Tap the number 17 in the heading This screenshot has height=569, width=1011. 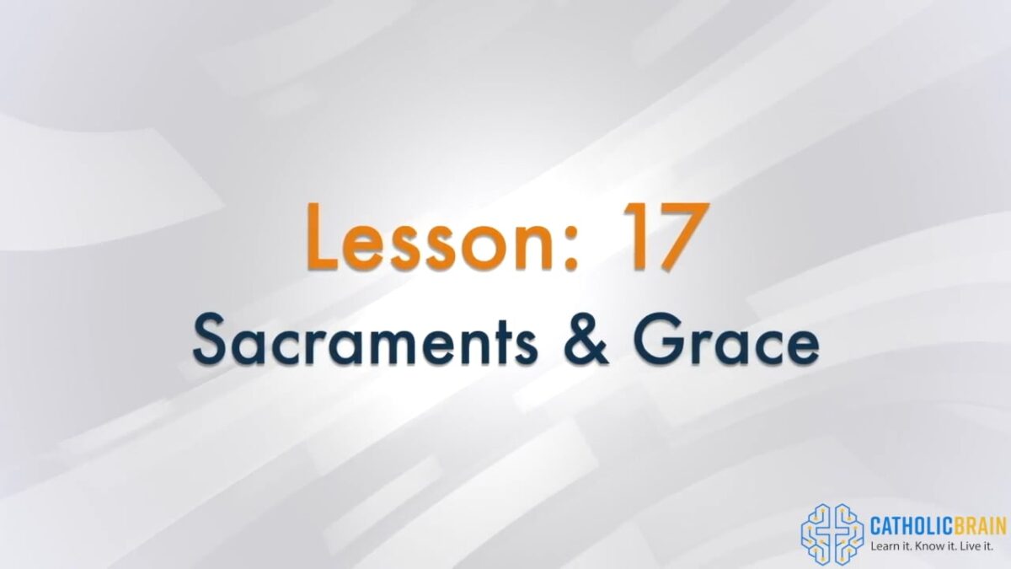point(666,237)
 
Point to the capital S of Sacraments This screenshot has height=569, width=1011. point(211,340)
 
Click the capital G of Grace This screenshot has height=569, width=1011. point(661,340)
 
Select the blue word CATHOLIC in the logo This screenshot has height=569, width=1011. point(912,527)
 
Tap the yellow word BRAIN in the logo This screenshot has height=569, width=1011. point(980,527)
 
